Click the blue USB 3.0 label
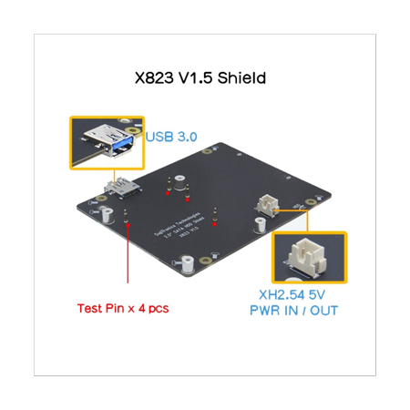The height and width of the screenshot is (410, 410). pyautogui.click(x=172, y=137)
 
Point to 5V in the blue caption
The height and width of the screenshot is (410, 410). pyautogui.click(x=320, y=292)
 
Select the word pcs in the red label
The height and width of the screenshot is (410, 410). pyautogui.click(x=157, y=308)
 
